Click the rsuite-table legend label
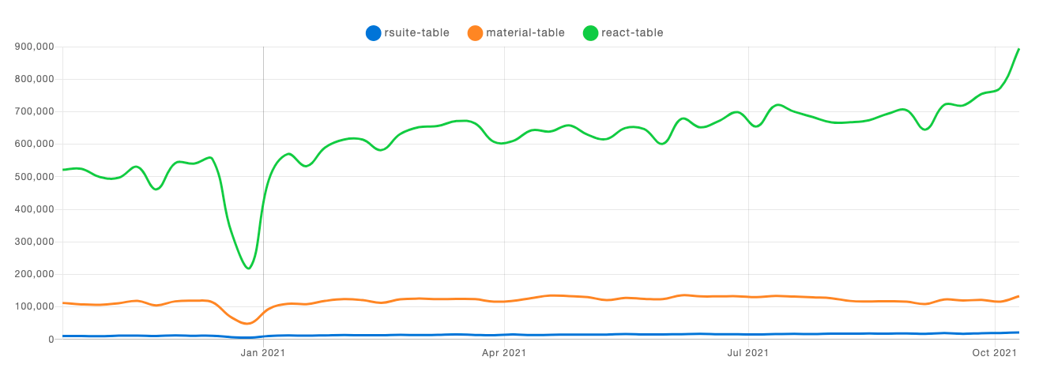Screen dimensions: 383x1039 point(416,32)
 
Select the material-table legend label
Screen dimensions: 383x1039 point(525,32)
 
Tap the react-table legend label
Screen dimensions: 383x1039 point(632,32)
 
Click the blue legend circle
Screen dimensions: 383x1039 point(374,32)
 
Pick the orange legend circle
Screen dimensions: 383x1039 point(475,32)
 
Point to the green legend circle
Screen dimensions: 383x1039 point(590,32)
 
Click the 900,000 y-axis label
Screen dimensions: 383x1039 point(34,47)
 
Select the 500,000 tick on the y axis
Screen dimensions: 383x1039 point(34,177)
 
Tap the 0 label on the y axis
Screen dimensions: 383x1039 point(50,340)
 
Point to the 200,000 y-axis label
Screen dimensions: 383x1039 point(34,274)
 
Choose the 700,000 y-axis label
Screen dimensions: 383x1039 point(34,111)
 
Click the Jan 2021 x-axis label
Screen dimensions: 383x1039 point(263,353)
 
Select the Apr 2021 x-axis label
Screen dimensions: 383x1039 point(503,353)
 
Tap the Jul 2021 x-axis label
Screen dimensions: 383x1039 point(747,353)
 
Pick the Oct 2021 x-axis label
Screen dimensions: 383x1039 point(993,353)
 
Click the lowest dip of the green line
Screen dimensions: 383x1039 point(249,268)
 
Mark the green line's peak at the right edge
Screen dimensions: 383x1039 point(1018,49)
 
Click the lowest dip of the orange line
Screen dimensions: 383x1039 point(247,323)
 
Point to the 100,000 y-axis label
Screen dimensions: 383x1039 point(34,306)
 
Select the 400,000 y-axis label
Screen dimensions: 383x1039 point(34,209)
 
